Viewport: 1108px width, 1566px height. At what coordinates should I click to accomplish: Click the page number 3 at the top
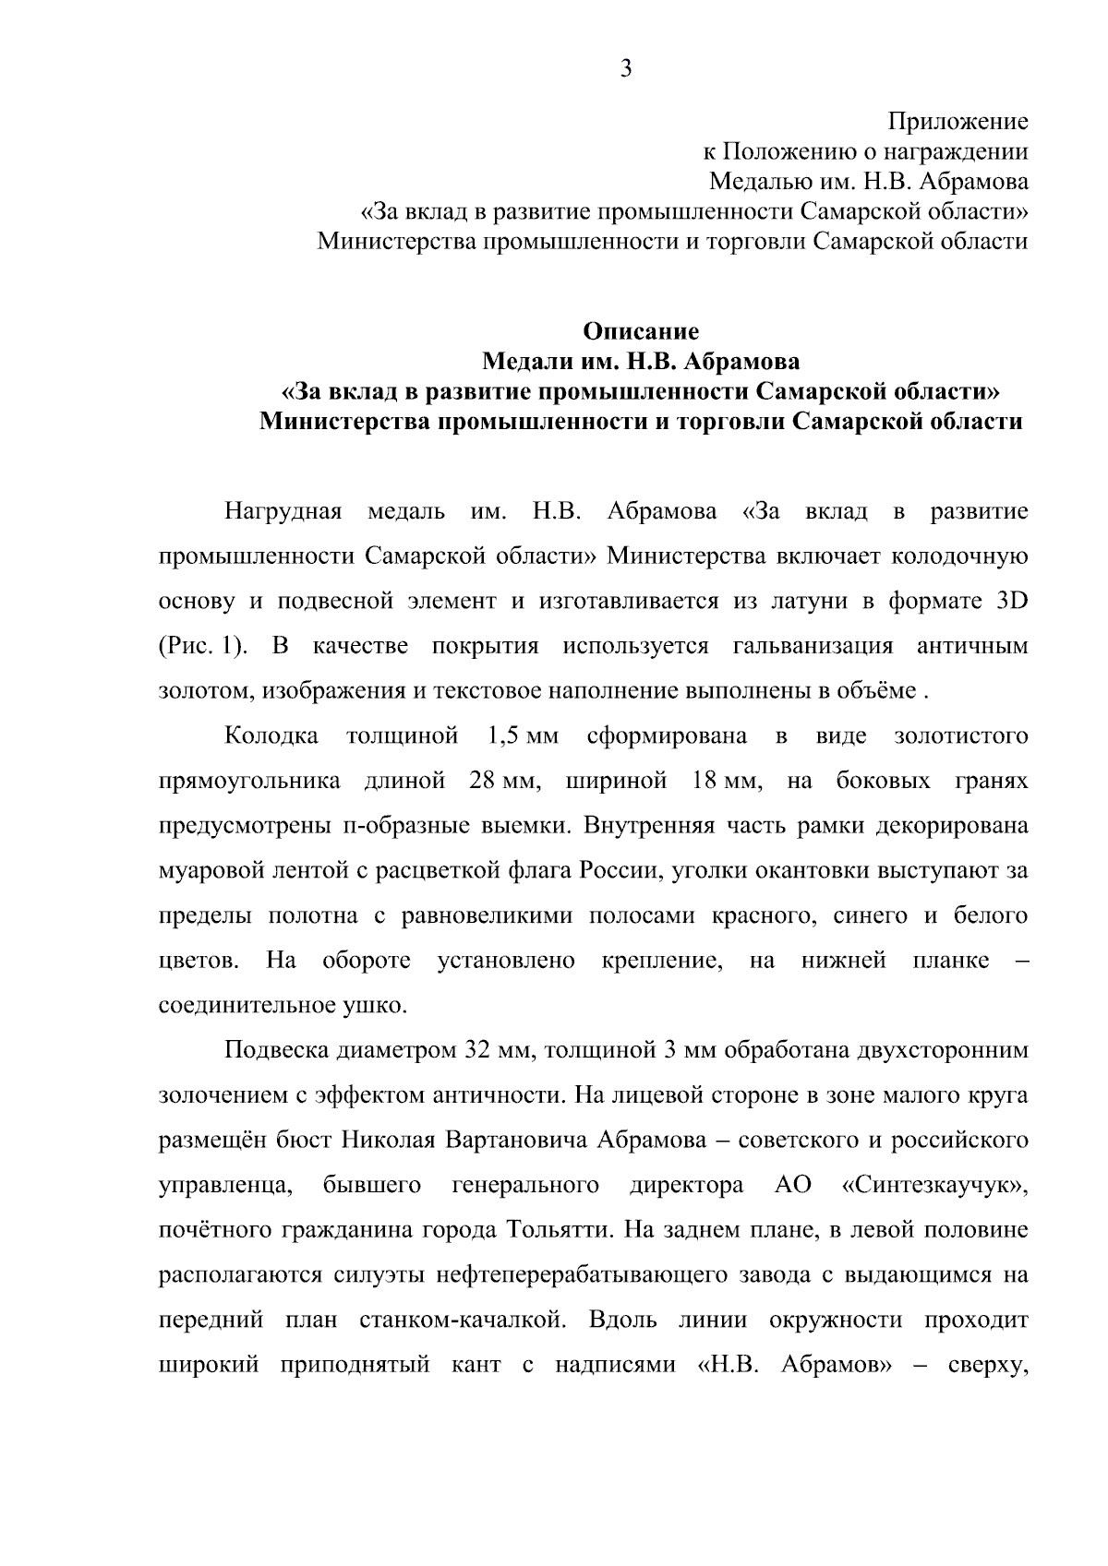tap(625, 68)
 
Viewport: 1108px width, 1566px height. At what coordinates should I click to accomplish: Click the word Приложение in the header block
tap(957, 121)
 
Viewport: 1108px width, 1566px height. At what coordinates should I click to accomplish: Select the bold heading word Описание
tap(641, 331)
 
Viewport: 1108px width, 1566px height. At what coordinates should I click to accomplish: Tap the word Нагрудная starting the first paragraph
tap(283, 511)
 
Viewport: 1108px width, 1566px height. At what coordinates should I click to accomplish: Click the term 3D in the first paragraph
tap(1008, 601)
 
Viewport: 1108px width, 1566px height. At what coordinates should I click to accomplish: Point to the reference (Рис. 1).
tap(204, 646)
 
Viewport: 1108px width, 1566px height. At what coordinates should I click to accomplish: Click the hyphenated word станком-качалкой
tap(462, 1321)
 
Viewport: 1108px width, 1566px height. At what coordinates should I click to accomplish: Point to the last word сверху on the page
tap(989, 1366)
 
